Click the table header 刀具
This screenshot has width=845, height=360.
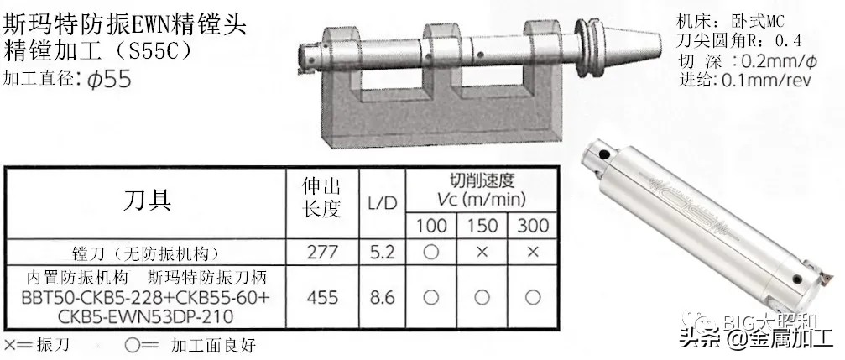click(148, 201)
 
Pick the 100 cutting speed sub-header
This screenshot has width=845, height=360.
click(430, 226)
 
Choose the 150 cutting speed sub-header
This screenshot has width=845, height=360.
click(482, 226)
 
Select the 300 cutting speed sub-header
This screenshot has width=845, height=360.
click(532, 226)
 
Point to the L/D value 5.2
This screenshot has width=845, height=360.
click(382, 253)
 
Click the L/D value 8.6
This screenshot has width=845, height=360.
click(382, 297)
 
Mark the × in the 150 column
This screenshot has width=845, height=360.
click(482, 253)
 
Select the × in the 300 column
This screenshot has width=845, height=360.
click(532, 253)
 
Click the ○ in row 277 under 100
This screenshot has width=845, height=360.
click(430, 253)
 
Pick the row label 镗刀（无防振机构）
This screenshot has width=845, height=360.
click(147, 253)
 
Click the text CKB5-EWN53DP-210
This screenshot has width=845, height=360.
click(147, 316)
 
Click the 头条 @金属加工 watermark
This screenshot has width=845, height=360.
click(754, 338)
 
